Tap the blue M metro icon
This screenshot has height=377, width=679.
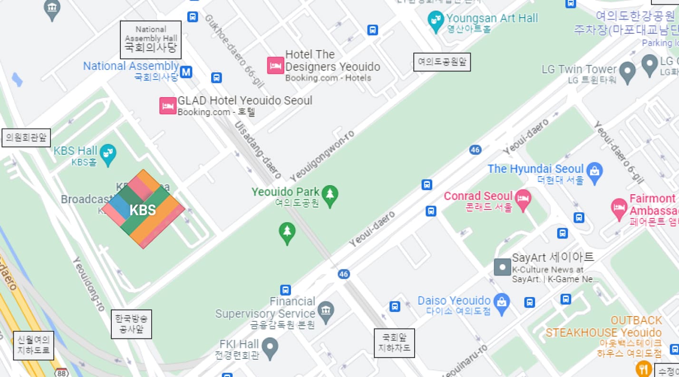(186, 72)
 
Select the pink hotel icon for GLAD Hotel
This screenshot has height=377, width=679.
(168, 106)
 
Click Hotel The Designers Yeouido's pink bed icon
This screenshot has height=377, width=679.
(275, 65)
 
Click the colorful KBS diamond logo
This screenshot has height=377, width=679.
(143, 209)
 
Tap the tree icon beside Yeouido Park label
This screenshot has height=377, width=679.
(330, 195)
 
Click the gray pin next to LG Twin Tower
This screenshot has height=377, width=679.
(627, 72)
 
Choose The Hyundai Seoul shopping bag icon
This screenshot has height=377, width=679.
(594, 172)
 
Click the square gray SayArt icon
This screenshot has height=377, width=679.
(502, 267)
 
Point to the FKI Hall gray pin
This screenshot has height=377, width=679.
(270, 348)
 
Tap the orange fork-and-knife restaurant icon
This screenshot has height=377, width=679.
(643, 369)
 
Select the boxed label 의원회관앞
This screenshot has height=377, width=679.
(26, 138)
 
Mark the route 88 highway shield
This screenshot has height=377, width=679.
(61, 373)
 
